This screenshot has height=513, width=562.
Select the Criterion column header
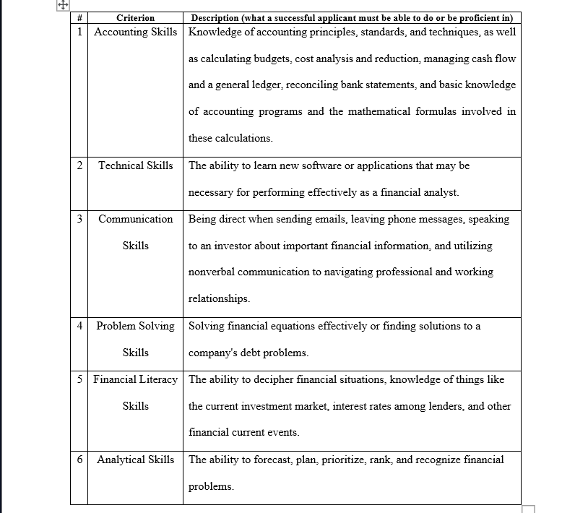(135, 17)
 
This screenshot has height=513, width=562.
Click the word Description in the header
(218, 17)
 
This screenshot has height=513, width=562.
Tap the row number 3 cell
(79, 219)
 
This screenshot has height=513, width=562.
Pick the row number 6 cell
(79, 460)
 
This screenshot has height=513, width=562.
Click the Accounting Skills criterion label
(135, 32)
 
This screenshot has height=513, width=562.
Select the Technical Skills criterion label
(135, 165)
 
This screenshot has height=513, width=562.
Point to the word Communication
(135, 219)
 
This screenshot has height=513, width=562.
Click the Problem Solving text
(135, 326)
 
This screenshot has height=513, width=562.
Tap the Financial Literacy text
(135, 379)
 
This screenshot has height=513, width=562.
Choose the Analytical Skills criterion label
(135, 460)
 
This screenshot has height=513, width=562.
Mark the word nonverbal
(211, 272)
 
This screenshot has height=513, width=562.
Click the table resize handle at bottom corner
(528, 509)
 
